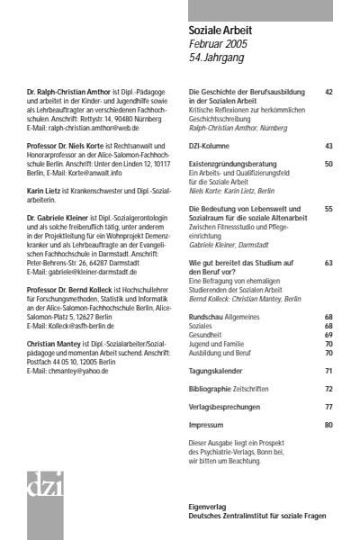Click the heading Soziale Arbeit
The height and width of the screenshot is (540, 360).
[x=220, y=31]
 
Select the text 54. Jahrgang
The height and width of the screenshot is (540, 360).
[x=215, y=58]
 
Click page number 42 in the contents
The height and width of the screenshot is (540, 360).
[x=328, y=92]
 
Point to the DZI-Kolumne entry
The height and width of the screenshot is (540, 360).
[x=213, y=145]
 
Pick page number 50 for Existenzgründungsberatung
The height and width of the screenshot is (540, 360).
[x=328, y=164]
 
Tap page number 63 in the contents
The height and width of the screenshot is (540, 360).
[x=328, y=262]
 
